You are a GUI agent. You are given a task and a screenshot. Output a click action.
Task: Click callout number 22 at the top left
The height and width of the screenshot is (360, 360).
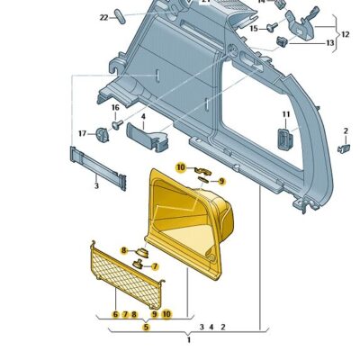point(104,17)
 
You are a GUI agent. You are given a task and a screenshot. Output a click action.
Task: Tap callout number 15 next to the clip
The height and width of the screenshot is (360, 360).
point(253,28)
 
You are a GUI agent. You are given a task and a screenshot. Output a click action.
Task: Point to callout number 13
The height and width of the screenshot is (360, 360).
point(329,42)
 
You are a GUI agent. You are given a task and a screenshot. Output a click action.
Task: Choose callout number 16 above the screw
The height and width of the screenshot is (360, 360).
point(115,108)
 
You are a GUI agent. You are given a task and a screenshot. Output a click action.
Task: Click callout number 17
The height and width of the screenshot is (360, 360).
point(82,133)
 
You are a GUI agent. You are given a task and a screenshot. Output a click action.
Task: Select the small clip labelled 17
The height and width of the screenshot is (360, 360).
point(102,133)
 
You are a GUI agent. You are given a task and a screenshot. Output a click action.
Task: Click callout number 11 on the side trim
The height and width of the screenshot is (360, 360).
point(286,113)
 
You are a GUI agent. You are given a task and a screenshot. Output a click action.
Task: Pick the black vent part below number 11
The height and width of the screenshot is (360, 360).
point(286,139)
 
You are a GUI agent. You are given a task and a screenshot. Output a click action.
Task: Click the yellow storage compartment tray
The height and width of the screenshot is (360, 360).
point(189,225)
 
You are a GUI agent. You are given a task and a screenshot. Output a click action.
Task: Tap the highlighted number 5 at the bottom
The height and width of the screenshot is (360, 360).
point(146,327)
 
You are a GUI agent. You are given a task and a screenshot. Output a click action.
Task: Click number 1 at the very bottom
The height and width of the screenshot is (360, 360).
point(188,340)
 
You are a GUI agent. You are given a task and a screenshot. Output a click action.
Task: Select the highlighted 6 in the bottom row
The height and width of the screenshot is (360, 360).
point(115,314)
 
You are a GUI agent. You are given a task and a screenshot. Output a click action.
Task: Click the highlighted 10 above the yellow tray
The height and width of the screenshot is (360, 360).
point(180,167)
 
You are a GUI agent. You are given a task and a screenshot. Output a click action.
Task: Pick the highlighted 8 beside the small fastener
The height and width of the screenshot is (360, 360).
point(122,249)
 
